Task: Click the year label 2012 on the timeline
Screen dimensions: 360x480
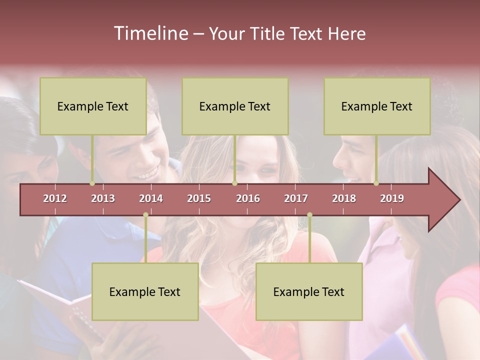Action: pos(55,198)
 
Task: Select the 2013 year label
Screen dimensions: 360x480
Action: pos(103,198)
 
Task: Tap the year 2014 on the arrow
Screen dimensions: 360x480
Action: pos(151,198)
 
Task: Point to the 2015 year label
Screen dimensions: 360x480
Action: pos(199,198)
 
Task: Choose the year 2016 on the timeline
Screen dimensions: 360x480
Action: pos(248,198)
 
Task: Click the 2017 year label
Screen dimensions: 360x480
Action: pos(296,198)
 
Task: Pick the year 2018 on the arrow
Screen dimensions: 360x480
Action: pos(344,198)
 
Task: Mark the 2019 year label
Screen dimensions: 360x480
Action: pos(392,198)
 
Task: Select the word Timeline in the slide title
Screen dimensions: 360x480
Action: pos(150,33)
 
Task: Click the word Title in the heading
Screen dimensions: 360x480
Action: pos(268,34)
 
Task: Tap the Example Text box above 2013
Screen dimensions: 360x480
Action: pos(93,106)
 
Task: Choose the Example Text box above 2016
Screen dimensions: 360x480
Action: pos(235,106)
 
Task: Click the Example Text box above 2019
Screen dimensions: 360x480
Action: pos(377,106)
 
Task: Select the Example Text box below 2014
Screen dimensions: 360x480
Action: pos(145,291)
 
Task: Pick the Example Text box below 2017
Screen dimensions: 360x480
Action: pos(309,291)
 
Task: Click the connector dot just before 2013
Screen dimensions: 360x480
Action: pos(92,183)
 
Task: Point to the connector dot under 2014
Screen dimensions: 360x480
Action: pos(145,215)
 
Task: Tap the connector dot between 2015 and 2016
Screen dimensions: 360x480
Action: pos(234,183)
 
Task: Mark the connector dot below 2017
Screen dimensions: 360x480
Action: pos(309,215)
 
